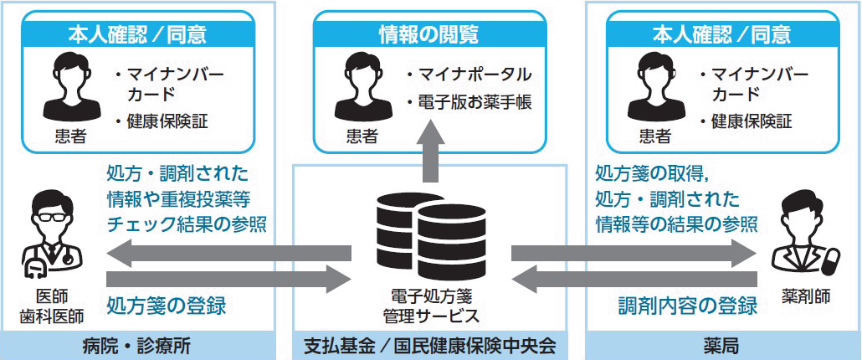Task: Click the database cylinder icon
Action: [431, 236]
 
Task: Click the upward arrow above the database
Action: [430, 154]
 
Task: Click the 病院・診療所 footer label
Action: [137, 347]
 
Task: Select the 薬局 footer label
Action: [721, 347]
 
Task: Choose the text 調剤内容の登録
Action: [688, 306]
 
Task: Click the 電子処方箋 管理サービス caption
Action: [431, 307]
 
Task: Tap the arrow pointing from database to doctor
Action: [228, 254]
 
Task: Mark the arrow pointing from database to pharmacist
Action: [634, 254]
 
